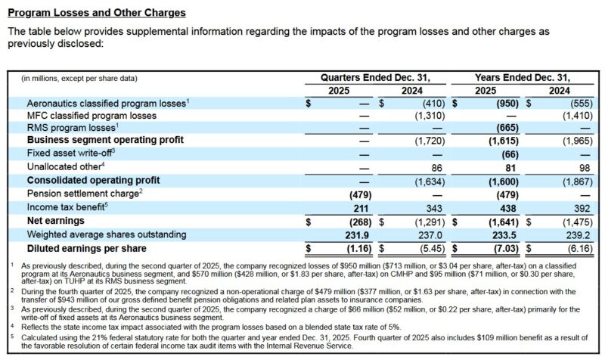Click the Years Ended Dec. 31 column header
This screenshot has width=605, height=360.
[x=522, y=77]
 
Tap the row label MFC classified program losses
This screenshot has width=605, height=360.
[x=92, y=116]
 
